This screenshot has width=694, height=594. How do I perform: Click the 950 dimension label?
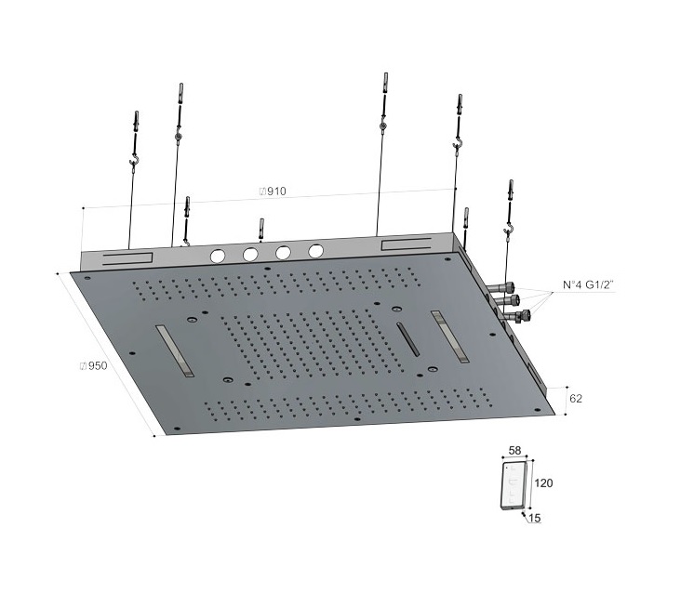tap(93, 365)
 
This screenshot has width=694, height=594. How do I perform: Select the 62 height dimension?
tap(576, 399)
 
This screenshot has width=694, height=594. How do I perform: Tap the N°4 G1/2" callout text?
tap(588, 285)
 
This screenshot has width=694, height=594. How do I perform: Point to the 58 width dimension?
tap(514, 451)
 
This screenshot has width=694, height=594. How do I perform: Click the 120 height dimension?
tap(543, 483)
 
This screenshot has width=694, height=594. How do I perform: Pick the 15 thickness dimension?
tap(535, 518)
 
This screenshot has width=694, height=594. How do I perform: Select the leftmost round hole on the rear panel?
tap(218, 256)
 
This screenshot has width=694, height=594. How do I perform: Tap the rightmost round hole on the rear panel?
tap(316, 251)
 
